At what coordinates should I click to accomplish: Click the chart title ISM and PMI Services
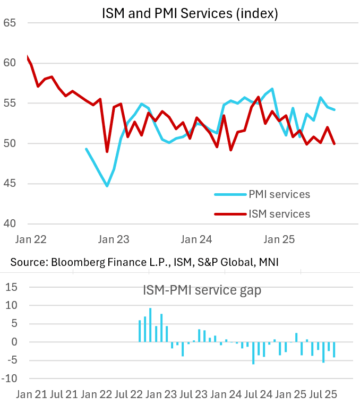pos(190,14)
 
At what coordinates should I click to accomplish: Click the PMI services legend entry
pos(279,194)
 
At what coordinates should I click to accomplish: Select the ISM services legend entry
pos(279,214)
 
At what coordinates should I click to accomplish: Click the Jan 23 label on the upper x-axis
pos(115,239)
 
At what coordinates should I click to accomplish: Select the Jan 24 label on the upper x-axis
pos(196,239)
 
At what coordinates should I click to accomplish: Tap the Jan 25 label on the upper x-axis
pos(279,239)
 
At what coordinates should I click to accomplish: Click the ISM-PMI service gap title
pos(202,290)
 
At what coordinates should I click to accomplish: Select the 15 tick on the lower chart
pos(12,287)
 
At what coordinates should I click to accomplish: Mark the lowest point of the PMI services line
pos(107,186)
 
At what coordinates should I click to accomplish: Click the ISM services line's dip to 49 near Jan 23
pos(107,152)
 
